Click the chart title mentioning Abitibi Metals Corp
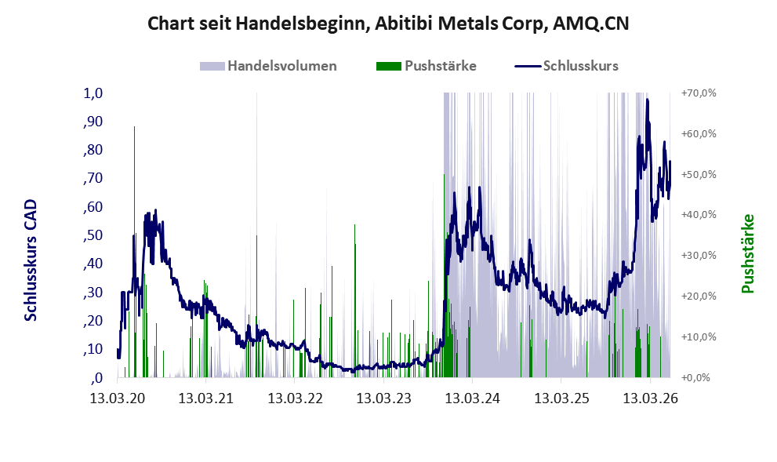(388, 24)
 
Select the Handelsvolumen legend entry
(268, 66)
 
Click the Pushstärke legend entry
(427, 66)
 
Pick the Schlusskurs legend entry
(566, 66)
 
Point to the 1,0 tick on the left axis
(93, 93)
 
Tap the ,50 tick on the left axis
(93, 235)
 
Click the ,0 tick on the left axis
(97, 378)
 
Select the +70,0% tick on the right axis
(699, 93)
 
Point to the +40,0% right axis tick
(699, 215)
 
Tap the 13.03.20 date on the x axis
(118, 398)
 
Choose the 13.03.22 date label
(296, 398)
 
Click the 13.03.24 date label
(473, 398)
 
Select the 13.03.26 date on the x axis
(650, 398)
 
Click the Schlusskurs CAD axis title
(31, 260)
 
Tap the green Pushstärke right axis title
(747, 253)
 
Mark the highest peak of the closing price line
(647, 100)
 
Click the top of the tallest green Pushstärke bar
(134, 127)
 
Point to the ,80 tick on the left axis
(93, 150)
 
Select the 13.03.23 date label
(384, 398)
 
